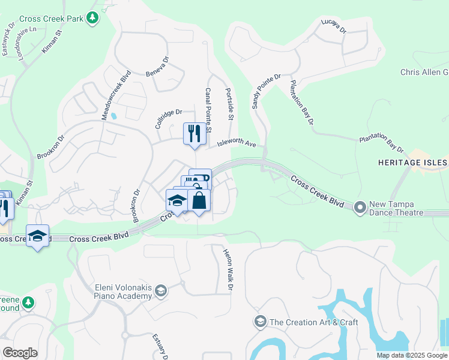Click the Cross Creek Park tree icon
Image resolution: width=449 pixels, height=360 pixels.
click(x=92, y=19)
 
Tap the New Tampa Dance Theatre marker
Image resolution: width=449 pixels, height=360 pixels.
click(x=360, y=207)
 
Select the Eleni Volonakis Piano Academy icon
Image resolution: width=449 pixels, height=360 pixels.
click(x=160, y=292)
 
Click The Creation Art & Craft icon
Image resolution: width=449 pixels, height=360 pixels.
click(x=260, y=322)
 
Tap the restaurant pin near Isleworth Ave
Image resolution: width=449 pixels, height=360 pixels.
click(x=194, y=133)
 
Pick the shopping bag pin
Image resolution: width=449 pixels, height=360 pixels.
click(x=199, y=200)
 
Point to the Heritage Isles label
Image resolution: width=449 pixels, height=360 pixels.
click(x=413, y=163)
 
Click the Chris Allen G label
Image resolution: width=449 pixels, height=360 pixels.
click(x=424, y=73)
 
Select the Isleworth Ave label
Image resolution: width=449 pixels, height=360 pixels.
click(x=237, y=145)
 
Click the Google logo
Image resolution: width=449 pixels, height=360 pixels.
click(x=20, y=353)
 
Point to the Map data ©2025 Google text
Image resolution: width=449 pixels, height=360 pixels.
click(x=411, y=355)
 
